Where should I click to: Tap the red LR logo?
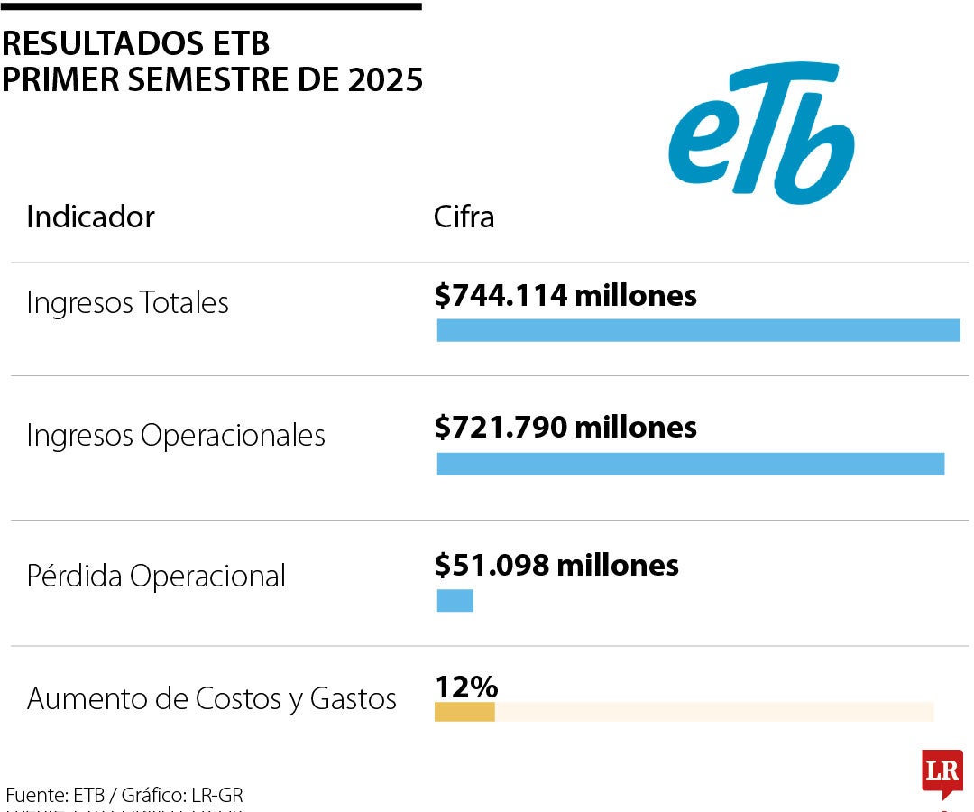click(942, 772)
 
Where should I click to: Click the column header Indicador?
click(90, 217)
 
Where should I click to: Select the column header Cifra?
click(464, 217)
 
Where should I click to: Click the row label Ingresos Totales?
click(127, 303)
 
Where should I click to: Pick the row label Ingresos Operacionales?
click(175, 436)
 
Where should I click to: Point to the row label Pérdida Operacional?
click(156, 576)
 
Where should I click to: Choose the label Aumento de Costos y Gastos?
click(211, 698)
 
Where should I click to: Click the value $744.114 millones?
click(565, 295)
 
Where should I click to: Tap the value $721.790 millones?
click(565, 427)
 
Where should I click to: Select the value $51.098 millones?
click(556, 565)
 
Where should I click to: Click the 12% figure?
click(466, 687)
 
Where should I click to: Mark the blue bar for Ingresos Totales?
click(698, 330)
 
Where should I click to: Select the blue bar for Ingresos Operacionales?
click(690, 464)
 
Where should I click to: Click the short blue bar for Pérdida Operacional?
click(455, 600)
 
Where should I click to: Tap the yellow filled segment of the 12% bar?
click(464, 712)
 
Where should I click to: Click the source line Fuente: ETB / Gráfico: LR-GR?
click(124, 795)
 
